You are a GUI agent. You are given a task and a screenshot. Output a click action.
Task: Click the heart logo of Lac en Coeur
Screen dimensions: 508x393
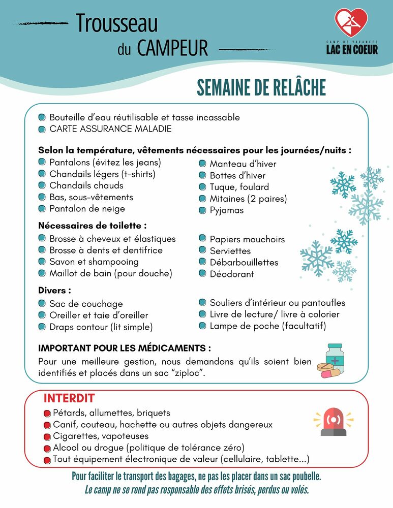point(351,22)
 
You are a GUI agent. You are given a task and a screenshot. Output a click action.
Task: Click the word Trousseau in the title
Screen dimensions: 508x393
point(116,23)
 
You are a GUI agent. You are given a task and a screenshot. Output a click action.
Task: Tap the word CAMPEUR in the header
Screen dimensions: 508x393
point(172,48)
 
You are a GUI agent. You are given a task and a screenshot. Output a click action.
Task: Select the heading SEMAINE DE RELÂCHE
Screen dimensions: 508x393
point(261,87)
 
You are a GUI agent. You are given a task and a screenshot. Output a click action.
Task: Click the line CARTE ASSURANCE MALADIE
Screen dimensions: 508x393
point(110,129)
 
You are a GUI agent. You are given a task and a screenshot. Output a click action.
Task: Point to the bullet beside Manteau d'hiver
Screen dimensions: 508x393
point(201,164)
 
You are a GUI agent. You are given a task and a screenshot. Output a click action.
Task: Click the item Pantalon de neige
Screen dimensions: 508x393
point(87,209)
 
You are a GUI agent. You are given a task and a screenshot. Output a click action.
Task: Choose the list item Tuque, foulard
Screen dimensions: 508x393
point(239,187)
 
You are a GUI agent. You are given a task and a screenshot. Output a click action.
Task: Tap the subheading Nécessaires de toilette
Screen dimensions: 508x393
point(93,226)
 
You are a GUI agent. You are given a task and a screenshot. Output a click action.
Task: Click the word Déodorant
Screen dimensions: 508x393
point(232,274)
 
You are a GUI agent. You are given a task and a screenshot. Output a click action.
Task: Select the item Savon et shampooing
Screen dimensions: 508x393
point(94,262)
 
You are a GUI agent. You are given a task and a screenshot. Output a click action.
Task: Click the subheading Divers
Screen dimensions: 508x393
point(54,291)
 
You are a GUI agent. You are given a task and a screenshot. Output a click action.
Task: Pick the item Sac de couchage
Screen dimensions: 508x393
point(86,304)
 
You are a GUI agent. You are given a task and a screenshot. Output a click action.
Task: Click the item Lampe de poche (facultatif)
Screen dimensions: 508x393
point(268,326)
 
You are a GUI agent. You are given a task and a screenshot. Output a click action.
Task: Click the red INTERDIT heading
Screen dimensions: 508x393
point(69,398)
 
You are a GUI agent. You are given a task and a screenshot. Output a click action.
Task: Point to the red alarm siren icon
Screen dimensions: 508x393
point(333,422)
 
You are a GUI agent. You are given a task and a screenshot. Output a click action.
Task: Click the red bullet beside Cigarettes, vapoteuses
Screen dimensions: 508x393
point(47,436)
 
